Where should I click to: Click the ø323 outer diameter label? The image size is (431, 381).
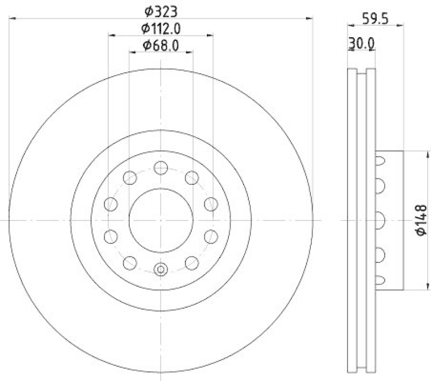tap(161, 10)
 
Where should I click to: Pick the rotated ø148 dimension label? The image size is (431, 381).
tap(421, 219)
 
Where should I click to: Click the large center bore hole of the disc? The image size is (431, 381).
tap(161, 220)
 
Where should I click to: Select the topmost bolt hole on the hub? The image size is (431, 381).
tap(161, 168)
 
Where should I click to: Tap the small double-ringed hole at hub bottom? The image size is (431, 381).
tap(161, 269)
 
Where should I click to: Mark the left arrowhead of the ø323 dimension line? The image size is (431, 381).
tap(12, 19)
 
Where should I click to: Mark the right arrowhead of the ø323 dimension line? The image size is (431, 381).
tap(310, 19)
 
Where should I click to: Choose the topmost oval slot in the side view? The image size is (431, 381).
tap(380, 160)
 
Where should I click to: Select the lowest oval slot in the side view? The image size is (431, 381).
tap(380, 280)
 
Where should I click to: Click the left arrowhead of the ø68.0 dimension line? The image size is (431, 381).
tap(131, 53)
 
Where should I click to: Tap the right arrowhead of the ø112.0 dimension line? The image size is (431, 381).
tap(211, 36)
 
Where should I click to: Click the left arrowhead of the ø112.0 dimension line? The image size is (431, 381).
tap(111, 36)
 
